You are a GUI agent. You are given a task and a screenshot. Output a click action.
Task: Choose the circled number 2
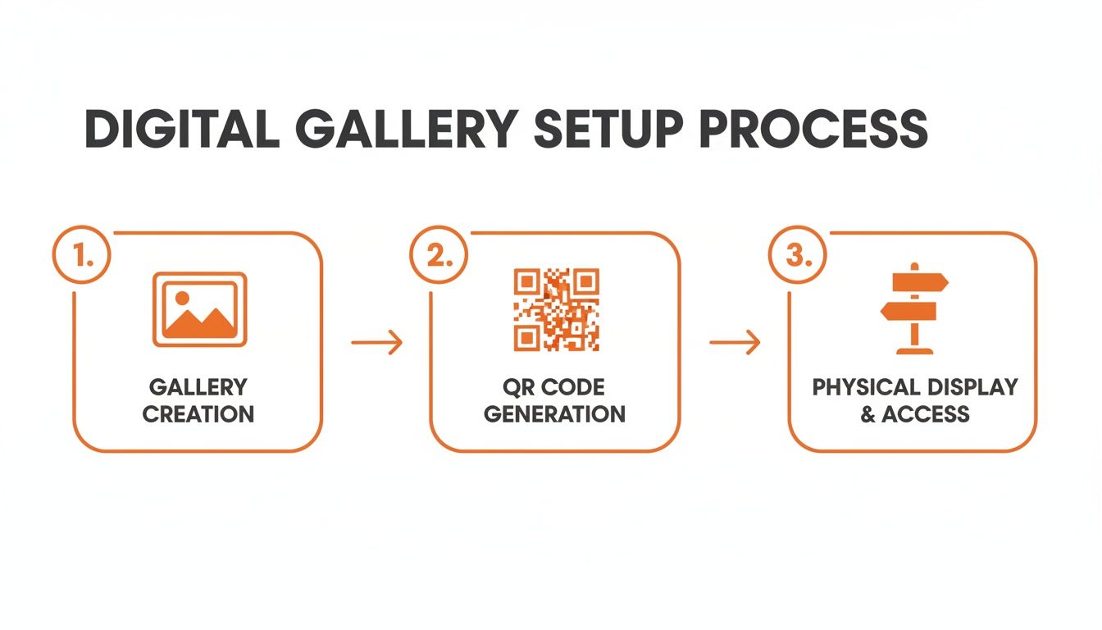438,255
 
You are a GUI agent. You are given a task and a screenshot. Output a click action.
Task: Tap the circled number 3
796,255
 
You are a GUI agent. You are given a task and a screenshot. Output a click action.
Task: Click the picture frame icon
199,309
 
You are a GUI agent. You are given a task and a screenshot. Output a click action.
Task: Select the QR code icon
556,309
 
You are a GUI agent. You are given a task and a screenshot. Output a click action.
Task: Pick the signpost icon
914,308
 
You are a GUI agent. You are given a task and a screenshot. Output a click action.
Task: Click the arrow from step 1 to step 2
376,342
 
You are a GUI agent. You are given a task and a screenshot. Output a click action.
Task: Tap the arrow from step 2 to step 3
735,342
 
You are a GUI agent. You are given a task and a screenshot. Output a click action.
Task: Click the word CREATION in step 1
198,413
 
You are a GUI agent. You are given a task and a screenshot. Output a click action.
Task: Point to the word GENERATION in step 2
554,413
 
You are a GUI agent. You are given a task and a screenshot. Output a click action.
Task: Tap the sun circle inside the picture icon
182,298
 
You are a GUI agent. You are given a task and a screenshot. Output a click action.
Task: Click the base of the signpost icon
914,350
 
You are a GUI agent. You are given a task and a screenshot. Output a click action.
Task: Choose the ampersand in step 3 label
867,414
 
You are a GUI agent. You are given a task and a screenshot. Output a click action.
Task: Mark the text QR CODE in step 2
554,386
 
